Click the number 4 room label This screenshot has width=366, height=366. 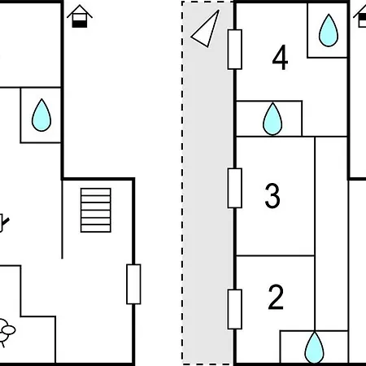click(280, 58)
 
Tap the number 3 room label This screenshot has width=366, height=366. click(272, 196)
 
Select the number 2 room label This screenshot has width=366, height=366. click(276, 297)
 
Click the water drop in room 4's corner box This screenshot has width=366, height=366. click(329, 30)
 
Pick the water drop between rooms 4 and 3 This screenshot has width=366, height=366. click(272, 119)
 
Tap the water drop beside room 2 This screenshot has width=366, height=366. click(314, 347)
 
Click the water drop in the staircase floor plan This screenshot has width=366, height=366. click(41, 115)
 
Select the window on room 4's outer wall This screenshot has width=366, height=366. click(235, 50)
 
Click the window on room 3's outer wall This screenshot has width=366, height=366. click(235, 188)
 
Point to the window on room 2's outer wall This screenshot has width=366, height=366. click(235, 309)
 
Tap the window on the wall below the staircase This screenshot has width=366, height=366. click(133, 284)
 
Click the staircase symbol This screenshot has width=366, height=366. click(96, 210)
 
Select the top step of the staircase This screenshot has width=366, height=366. click(96, 192)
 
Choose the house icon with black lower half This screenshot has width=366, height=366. click(80, 16)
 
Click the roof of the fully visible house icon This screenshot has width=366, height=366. click(80, 11)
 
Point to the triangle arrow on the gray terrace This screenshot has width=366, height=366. click(205, 28)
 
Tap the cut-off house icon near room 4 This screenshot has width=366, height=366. click(360, 17)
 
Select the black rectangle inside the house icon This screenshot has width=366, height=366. click(80, 24)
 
